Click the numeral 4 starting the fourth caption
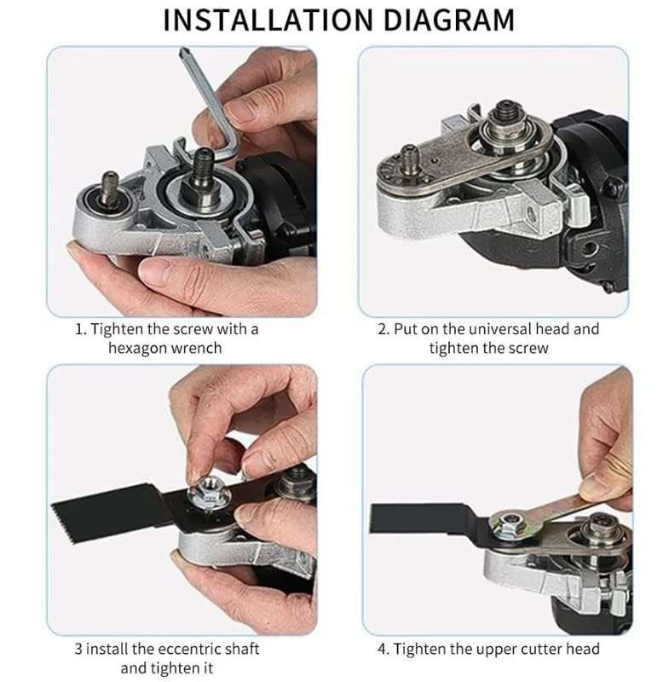point(383,649)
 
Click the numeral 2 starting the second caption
point(383,328)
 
